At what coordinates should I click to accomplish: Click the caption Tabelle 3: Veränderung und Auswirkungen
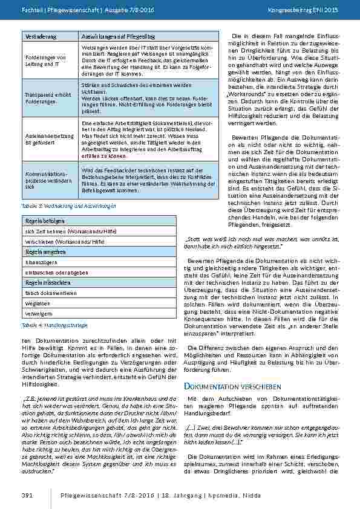tap(60, 206)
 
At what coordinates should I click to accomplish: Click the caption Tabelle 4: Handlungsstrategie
tap(50, 325)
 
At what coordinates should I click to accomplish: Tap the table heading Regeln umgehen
tap(40, 251)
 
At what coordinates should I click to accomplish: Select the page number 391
tap(27, 495)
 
